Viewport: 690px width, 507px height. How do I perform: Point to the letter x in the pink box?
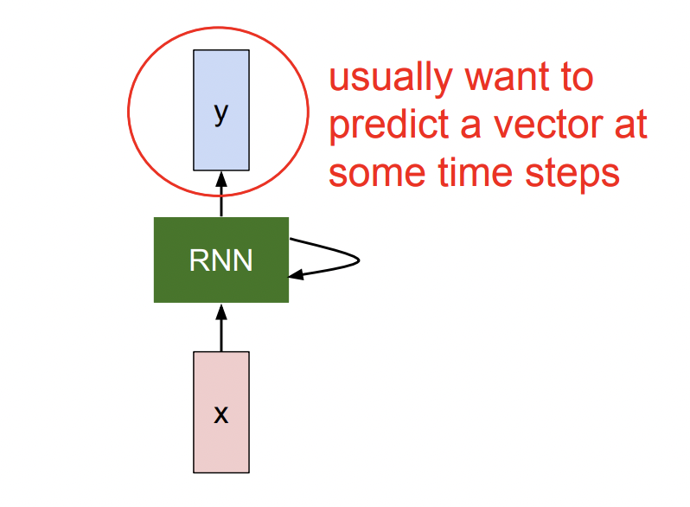tap(221, 414)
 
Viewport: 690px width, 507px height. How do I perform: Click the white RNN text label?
tap(220, 260)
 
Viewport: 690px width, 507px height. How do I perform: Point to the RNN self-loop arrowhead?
tap(296, 275)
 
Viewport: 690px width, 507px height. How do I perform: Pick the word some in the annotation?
tap(375, 173)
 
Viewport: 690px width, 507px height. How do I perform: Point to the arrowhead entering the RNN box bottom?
tap(221, 310)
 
